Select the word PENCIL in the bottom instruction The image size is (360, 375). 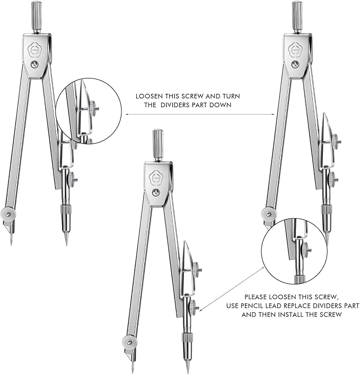[x=268, y=306]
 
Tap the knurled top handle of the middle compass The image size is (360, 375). [x=157, y=145]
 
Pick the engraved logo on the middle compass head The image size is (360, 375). [x=157, y=176]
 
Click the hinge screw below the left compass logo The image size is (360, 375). [x=34, y=65]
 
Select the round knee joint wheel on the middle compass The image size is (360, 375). [x=128, y=342]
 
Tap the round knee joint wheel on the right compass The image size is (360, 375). [x=268, y=214]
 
